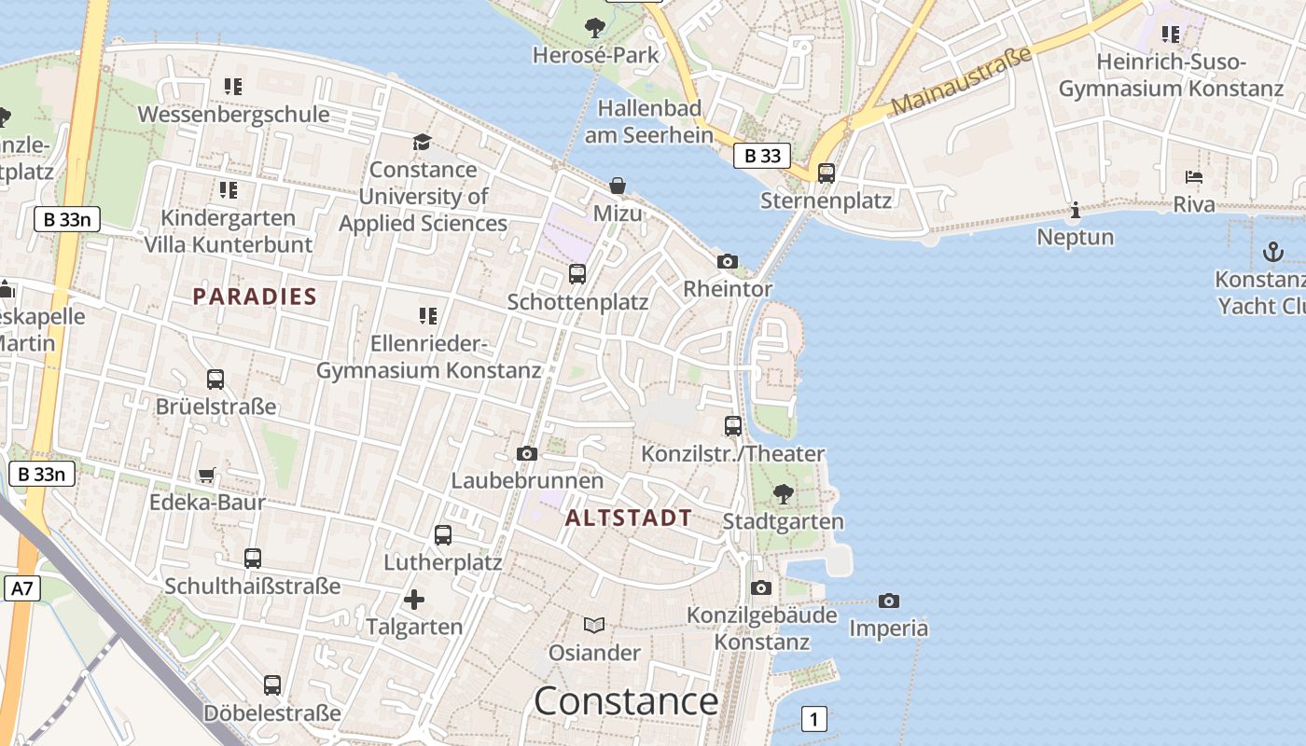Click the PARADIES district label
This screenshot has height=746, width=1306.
point(255,297)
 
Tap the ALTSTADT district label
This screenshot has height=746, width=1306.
point(629,518)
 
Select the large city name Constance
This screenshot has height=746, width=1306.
point(626,701)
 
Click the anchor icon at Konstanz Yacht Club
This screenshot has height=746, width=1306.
point(1272,251)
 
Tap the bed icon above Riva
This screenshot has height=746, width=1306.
point(1194,176)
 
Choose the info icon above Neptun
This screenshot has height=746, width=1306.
point(1076,210)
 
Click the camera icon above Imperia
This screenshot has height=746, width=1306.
point(889,601)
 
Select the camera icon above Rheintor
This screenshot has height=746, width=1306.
point(728,262)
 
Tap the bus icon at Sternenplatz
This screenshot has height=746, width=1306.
point(826,173)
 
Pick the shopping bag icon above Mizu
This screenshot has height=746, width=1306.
point(618,186)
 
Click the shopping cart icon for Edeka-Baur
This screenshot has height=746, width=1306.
point(207,475)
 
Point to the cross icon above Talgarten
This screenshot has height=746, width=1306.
point(414,599)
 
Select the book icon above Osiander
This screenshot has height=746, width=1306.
point(594,625)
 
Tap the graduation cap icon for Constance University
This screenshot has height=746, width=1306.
point(423,142)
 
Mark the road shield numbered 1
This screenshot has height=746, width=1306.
point(814,719)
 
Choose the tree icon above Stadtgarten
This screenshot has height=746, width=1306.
point(784,493)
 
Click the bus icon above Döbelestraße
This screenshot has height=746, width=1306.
point(272,685)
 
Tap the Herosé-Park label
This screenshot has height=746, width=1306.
point(595,55)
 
